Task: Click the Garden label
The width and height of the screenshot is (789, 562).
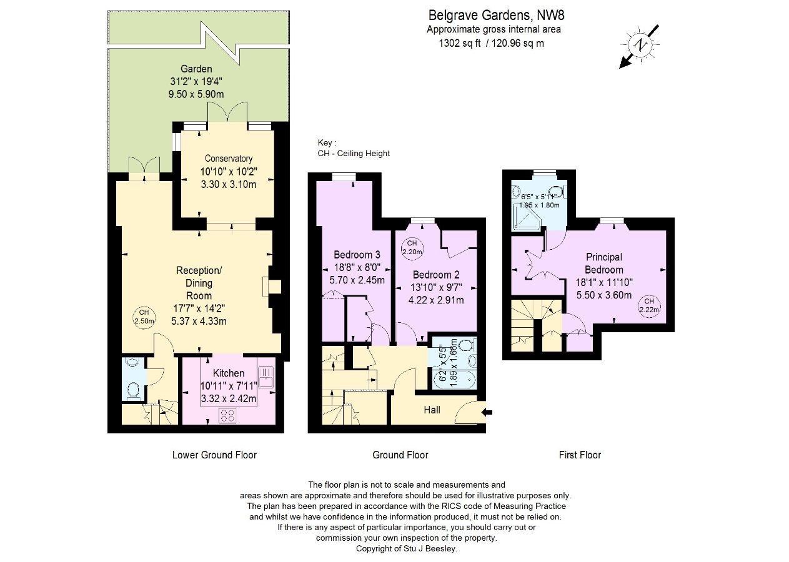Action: pyautogui.click(x=196, y=69)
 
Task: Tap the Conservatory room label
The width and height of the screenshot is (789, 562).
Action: pyautogui.click(x=229, y=159)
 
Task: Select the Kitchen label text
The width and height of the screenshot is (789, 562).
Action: pyautogui.click(x=229, y=373)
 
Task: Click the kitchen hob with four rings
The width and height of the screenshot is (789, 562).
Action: pyautogui.click(x=227, y=415)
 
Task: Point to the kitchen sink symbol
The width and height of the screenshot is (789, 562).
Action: pyautogui.click(x=266, y=377)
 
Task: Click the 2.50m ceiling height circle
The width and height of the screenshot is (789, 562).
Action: pyautogui.click(x=144, y=317)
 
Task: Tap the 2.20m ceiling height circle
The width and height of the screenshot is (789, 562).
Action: pyautogui.click(x=412, y=248)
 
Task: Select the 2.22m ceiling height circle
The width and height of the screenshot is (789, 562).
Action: pyautogui.click(x=649, y=305)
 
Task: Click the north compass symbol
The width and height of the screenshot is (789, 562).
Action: pyautogui.click(x=640, y=46)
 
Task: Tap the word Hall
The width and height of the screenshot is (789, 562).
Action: pyautogui.click(x=432, y=410)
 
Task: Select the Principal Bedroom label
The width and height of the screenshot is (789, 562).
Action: pyautogui.click(x=603, y=264)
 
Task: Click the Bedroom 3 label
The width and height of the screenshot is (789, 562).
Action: pyautogui.click(x=357, y=255)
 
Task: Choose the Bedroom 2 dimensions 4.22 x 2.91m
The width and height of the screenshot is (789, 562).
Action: pyautogui.click(x=436, y=300)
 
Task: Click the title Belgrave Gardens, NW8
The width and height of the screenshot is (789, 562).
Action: pyautogui.click(x=496, y=15)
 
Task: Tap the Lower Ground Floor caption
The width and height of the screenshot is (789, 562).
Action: pyautogui.click(x=214, y=455)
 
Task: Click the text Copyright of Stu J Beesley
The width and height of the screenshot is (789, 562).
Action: pyautogui.click(x=407, y=549)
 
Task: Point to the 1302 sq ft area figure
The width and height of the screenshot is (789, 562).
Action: pyautogui.click(x=460, y=43)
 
